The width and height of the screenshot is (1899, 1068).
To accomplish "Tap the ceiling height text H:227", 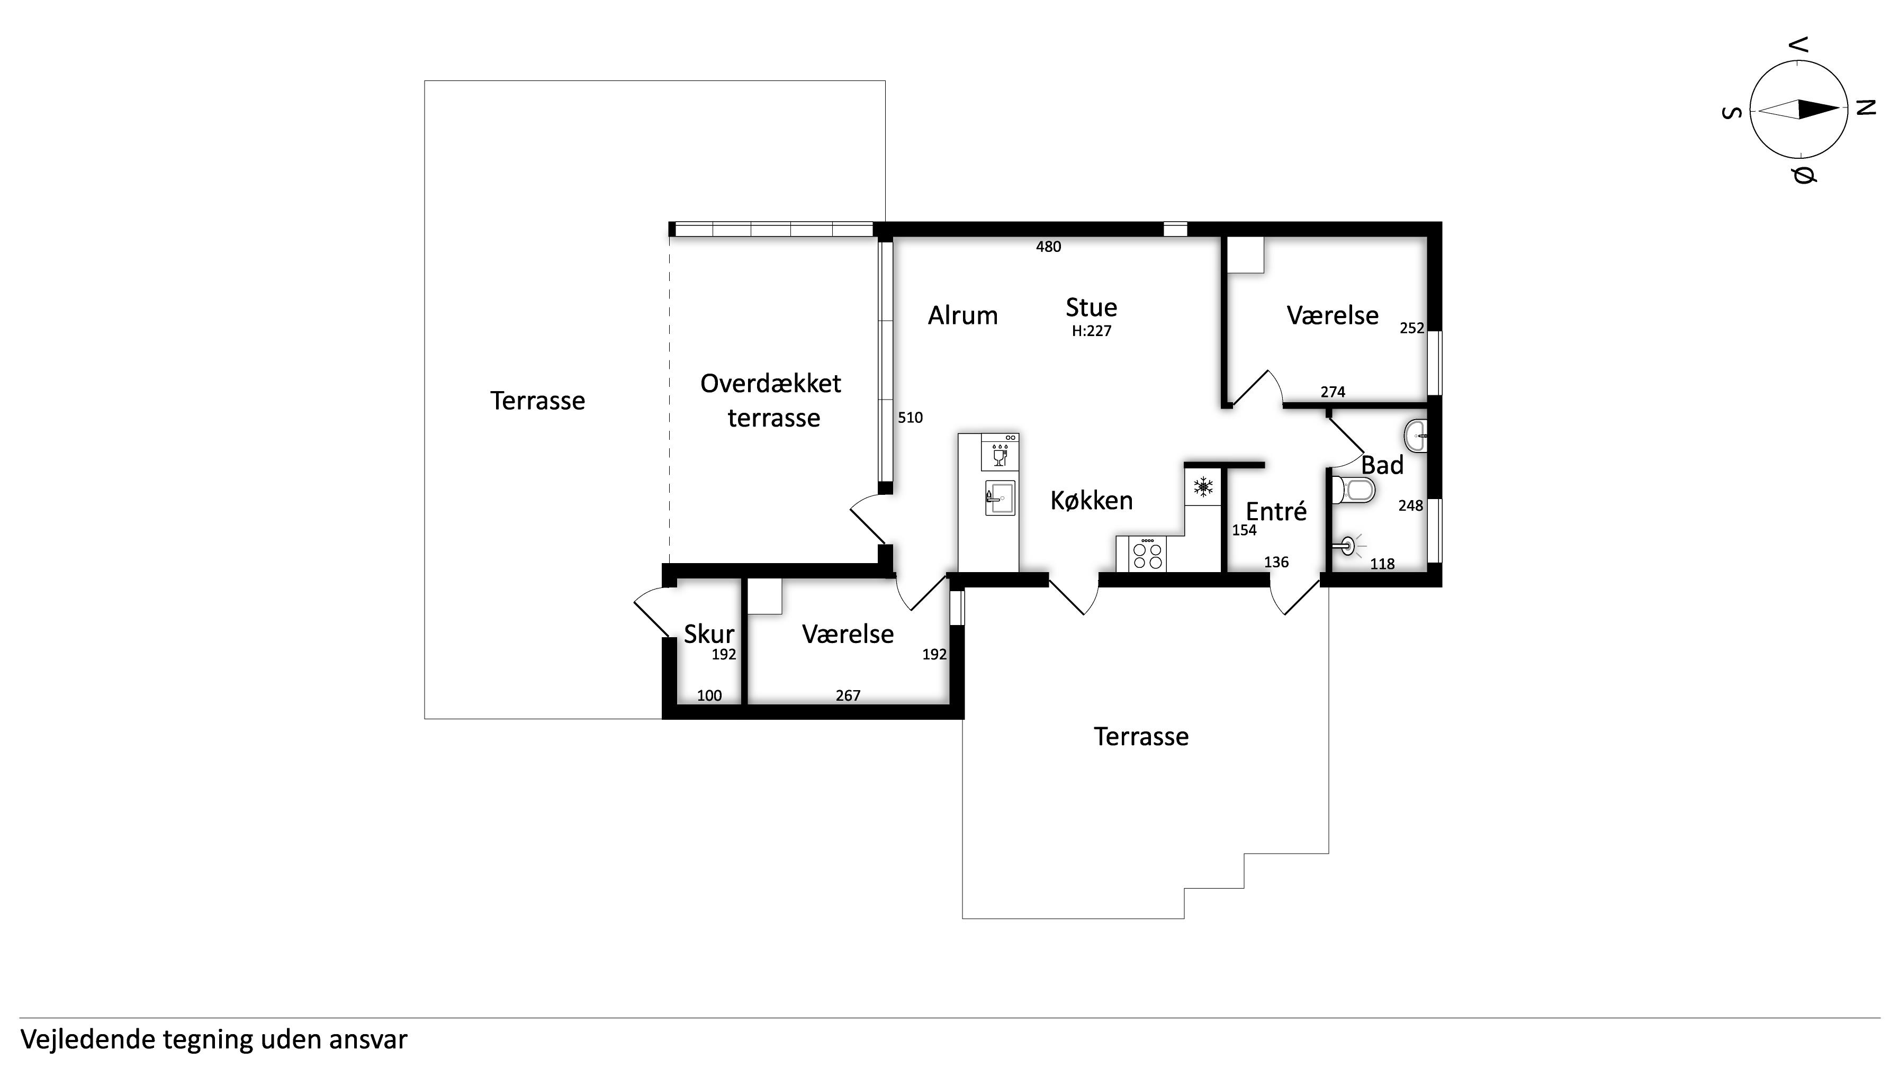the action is pyautogui.click(x=1091, y=331).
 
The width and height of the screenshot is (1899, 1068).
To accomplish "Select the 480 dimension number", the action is pyautogui.click(x=1048, y=247).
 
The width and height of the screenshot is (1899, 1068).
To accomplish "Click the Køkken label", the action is pyautogui.click(x=1091, y=501).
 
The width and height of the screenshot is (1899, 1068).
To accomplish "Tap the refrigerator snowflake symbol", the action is pyautogui.click(x=1203, y=486).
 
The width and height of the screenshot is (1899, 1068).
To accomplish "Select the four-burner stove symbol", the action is pyautogui.click(x=1148, y=554).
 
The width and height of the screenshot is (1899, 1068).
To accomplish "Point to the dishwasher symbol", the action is pyautogui.click(x=1000, y=452).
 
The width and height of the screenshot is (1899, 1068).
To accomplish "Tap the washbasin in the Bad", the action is pyautogui.click(x=1416, y=436).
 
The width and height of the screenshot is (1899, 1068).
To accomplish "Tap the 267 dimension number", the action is pyautogui.click(x=848, y=696).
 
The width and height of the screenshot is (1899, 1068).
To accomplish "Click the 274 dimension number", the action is pyautogui.click(x=1333, y=392).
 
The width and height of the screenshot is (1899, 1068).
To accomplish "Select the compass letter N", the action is pyautogui.click(x=1865, y=108).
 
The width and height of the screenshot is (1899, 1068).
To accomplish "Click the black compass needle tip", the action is pyautogui.click(x=1840, y=109).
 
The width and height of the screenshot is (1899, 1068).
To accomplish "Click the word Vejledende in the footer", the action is pyautogui.click(x=88, y=1039).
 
